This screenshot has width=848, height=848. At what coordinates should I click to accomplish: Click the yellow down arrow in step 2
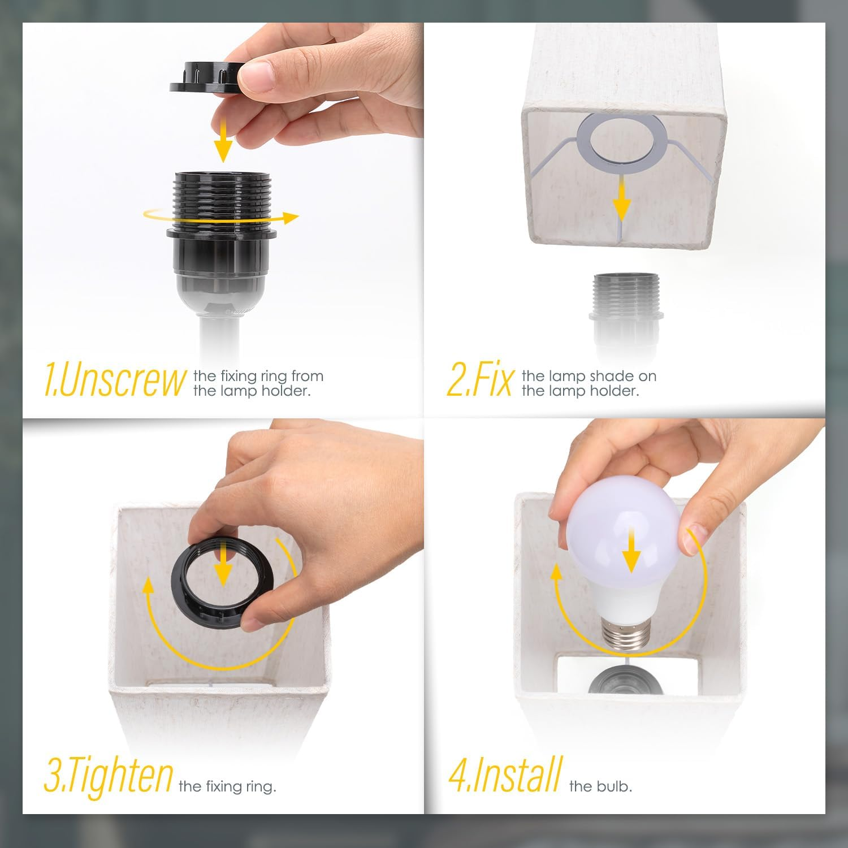click(622, 197)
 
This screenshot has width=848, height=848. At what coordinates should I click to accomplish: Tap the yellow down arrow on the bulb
click(631, 542)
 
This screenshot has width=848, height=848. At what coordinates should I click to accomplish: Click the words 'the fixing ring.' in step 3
click(227, 786)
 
